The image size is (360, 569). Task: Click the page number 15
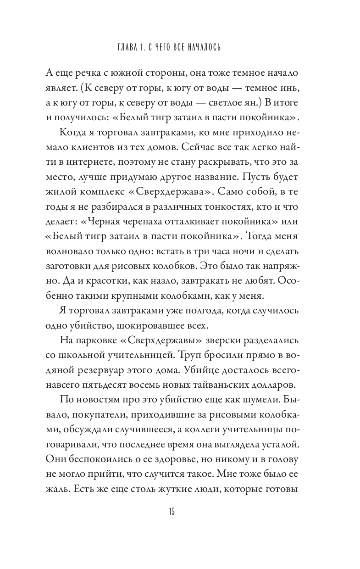[172, 512]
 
